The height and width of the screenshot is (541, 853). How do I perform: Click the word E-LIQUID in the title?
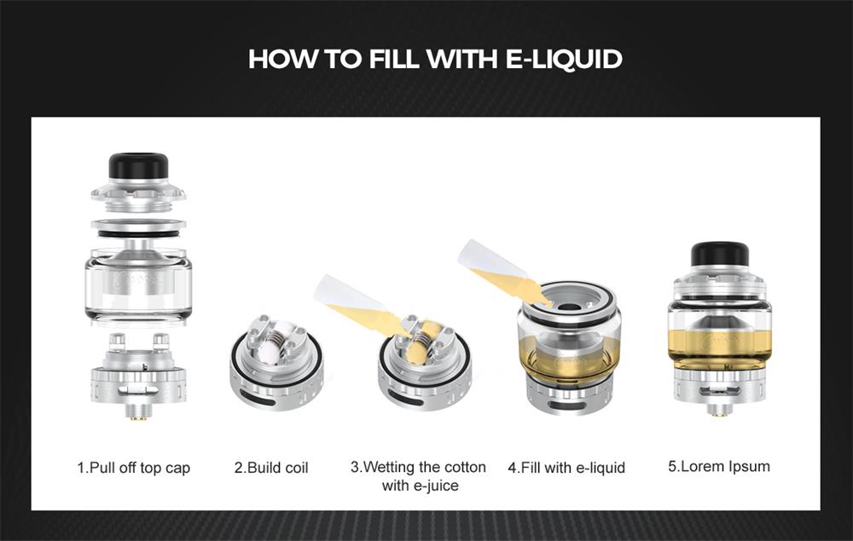(x=564, y=59)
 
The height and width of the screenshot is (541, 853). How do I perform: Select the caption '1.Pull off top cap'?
(x=134, y=468)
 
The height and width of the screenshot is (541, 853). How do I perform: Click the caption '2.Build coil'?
(x=271, y=468)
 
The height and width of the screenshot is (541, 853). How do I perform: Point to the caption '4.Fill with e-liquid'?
(x=566, y=468)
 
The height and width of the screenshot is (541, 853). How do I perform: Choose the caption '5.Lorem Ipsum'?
(x=718, y=466)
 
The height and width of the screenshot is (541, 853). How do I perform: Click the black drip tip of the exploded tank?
(x=137, y=166)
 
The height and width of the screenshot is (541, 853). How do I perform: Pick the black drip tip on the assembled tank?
(x=720, y=255)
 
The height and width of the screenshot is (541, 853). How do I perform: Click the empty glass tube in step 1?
(x=139, y=285)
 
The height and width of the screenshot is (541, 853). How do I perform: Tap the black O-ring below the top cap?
(x=139, y=233)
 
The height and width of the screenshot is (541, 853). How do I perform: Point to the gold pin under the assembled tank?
(x=720, y=412)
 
